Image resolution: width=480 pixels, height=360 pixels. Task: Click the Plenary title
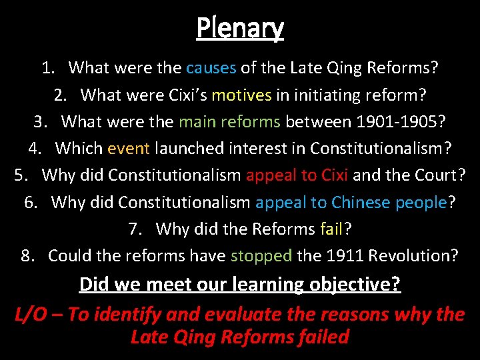pyautogui.click(x=240, y=28)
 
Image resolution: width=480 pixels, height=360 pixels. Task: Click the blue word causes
pyautogui.click(x=211, y=67)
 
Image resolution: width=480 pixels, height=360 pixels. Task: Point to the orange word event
pyautogui.click(x=129, y=147)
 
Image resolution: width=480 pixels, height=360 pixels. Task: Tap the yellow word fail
pyautogui.click(x=331, y=229)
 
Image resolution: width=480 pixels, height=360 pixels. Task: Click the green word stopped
pyautogui.click(x=261, y=256)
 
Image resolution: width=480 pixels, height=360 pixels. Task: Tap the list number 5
pyautogui.click(x=21, y=175)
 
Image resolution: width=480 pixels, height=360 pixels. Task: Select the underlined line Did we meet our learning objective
pyautogui.click(x=240, y=285)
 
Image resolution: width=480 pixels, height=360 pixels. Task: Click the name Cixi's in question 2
pyautogui.click(x=181, y=95)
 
